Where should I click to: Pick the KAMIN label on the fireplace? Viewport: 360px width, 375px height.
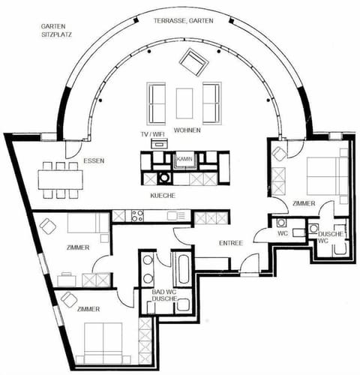point(184,160)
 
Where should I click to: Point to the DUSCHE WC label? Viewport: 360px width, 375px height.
point(330,238)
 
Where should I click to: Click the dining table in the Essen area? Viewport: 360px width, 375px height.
point(60,179)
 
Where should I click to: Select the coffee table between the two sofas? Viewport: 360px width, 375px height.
point(184,101)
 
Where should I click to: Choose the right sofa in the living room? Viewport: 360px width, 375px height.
point(211,101)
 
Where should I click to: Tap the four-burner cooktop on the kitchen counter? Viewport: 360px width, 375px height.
point(138,217)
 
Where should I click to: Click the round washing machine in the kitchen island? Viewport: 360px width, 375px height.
point(163,178)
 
